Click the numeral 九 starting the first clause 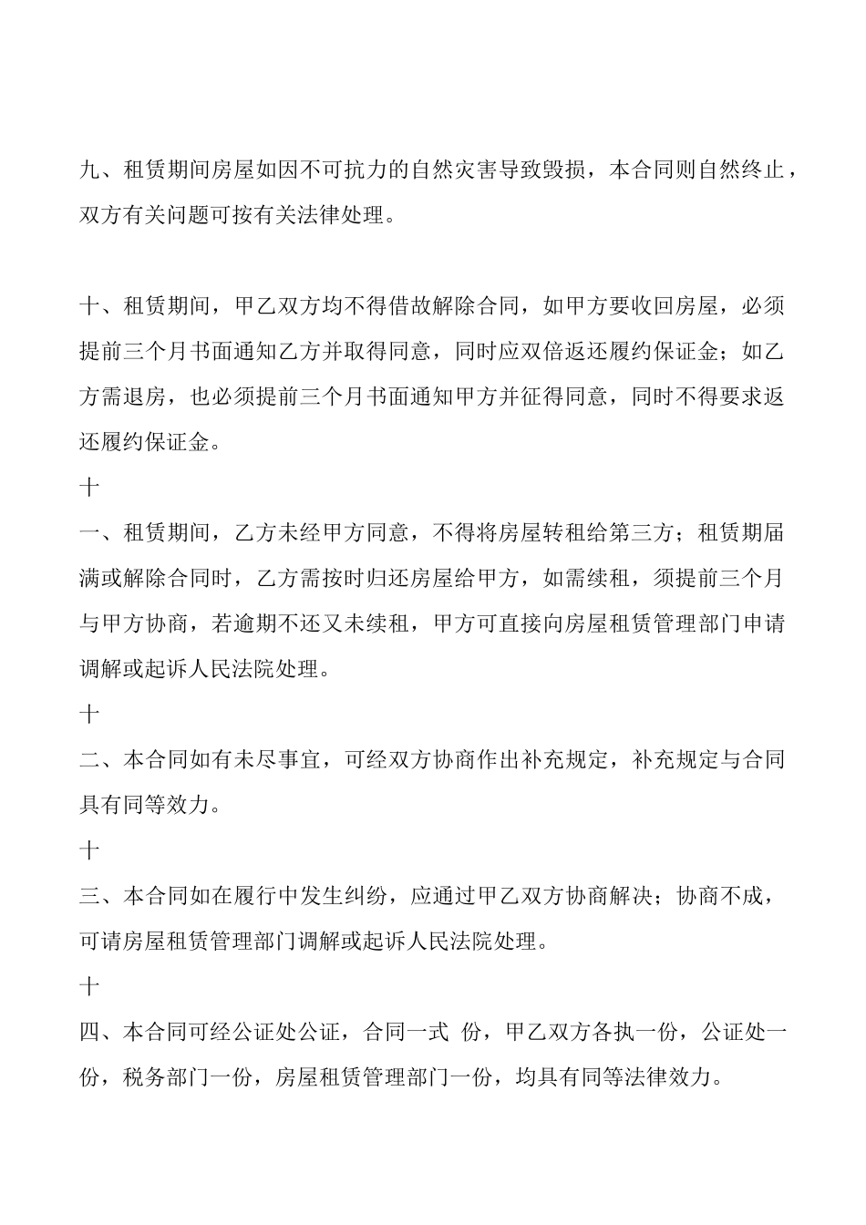point(90,170)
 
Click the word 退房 point(145,397)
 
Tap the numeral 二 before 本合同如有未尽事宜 point(90,760)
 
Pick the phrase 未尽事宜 point(280,760)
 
